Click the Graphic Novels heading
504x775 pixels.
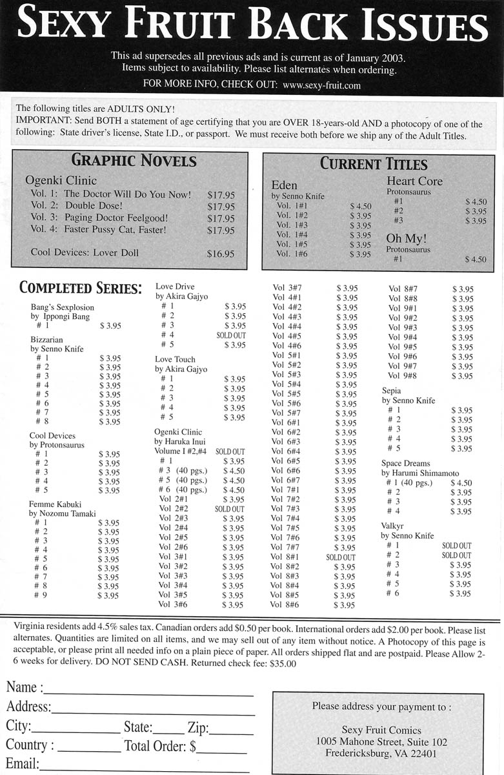[x=134, y=161]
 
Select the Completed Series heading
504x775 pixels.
[x=81, y=287]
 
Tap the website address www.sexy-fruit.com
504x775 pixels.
[x=321, y=85]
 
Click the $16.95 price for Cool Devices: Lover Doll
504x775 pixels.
[x=221, y=254]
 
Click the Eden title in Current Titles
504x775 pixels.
[x=285, y=185]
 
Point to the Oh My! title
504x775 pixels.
[x=407, y=238]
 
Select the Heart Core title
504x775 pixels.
[x=414, y=181]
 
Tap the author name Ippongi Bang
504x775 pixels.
[x=70, y=316]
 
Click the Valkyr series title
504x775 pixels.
[x=392, y=526]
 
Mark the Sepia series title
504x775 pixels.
[x=391, y=391]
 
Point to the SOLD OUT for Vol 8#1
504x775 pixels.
[x=341, y=557]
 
